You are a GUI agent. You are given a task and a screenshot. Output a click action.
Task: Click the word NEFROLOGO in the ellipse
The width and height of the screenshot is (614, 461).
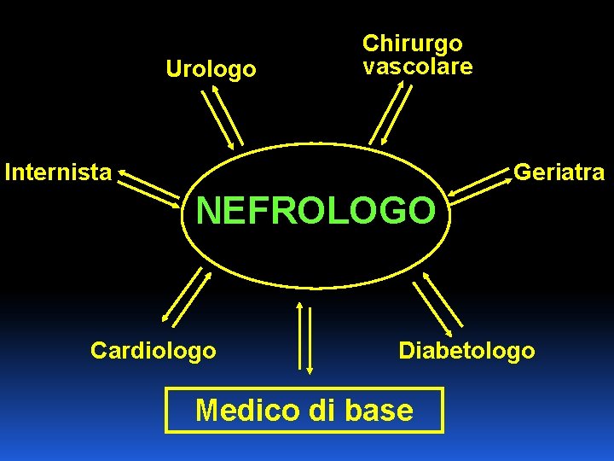(316, 210)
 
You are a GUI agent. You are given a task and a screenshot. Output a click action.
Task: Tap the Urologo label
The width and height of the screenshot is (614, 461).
(211, 69)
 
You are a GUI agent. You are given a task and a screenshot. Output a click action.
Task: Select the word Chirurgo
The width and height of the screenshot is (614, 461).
(413, 43)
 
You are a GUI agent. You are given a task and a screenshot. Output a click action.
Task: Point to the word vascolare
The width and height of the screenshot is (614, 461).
(418, 67)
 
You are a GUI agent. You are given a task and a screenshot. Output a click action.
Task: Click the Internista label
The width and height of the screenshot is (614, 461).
(59, 173)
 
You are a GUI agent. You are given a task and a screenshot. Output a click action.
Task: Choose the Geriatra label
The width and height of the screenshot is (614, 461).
(559, 173)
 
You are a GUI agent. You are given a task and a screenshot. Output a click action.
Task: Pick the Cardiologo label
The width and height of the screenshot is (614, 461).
(153, 350)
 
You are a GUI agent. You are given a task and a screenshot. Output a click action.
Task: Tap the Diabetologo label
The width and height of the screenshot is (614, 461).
(467, 350)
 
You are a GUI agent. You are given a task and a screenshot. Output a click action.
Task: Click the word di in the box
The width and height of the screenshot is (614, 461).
(321, 411)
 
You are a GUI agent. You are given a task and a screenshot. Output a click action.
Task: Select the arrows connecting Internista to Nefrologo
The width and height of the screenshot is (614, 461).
(151, 186)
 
